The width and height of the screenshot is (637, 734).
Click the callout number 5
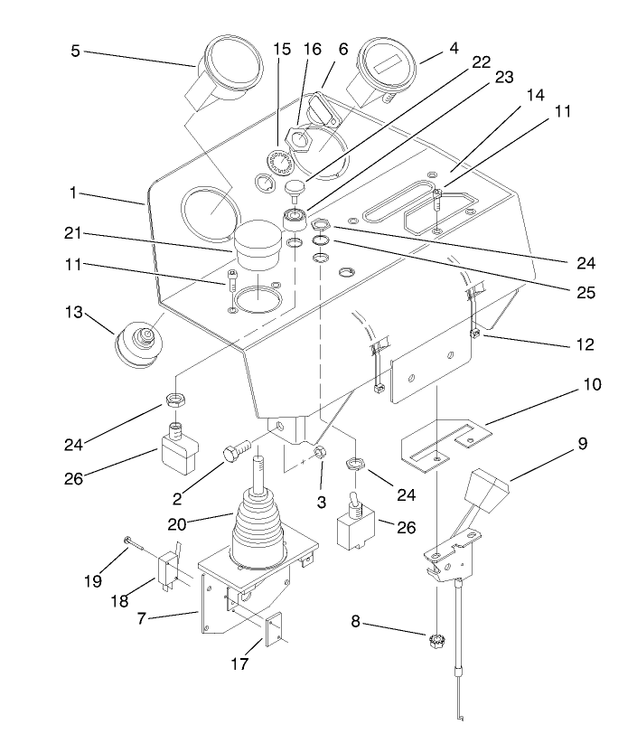(76, 51)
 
